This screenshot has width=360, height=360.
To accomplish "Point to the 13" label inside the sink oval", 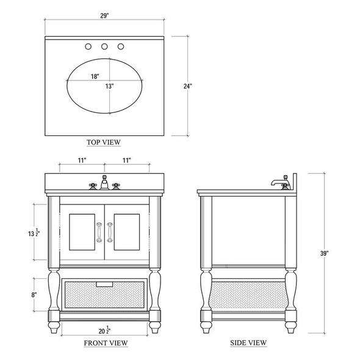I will click(109, 87).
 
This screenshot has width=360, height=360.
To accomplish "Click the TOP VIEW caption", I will click(104, 142).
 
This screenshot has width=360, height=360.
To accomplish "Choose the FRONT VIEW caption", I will click(105, 343).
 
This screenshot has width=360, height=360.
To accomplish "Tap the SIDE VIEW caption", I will click(248, 343).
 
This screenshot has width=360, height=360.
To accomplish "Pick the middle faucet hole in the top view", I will click(104, 47).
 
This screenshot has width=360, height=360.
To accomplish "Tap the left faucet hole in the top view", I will click(89, 47).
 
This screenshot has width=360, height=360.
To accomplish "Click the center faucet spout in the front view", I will click(105, 182).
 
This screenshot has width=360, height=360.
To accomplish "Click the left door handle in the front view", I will click(98, 234).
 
